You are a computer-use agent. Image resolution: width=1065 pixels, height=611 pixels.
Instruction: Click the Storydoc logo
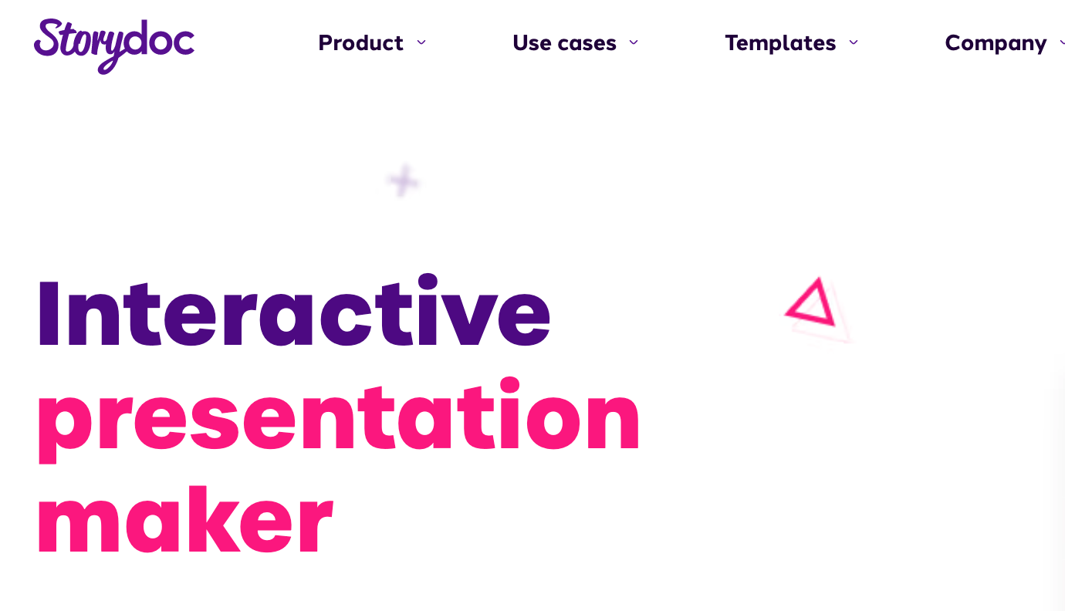[114, 46]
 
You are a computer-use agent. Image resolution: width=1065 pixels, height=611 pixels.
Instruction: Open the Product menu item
[361, 42]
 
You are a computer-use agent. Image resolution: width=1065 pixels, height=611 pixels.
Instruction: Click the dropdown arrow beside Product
[421, 42]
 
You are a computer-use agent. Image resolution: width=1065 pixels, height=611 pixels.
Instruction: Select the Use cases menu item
[564, 42]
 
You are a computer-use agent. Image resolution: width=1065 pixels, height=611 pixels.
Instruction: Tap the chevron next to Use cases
[634, 42]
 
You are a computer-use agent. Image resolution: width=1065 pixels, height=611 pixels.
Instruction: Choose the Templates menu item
[780, 42]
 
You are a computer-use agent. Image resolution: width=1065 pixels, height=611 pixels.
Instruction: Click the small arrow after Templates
[854, 42]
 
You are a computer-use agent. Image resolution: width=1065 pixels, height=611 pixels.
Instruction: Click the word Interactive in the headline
[294, 310]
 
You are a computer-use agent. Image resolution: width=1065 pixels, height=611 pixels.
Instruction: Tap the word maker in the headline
[185, 519]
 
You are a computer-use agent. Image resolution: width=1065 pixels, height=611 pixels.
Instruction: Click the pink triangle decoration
[811, 304]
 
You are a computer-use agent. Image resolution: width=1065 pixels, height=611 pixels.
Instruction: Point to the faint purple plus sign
[403, 181]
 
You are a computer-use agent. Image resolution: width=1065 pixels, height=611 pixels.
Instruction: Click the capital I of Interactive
[49, 312]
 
